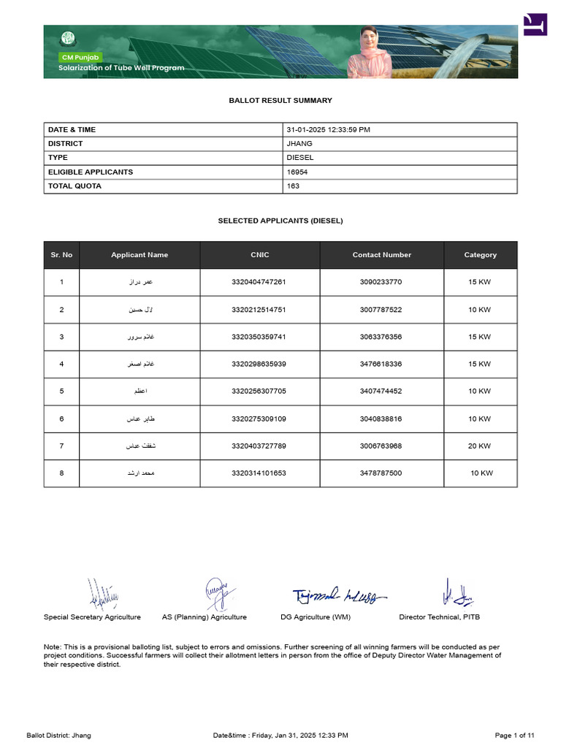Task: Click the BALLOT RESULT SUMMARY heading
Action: pos(280,100)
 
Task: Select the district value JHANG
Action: pos(299,144)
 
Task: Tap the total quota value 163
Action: pos(293,186)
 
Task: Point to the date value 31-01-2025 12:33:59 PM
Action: pos(328,130)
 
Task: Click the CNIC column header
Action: pos(259,255)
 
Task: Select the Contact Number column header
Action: pos(381,255)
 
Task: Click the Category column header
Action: pos(480,255)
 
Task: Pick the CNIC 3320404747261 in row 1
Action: pos(259,282)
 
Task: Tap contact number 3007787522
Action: pos(381,310)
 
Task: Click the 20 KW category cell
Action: pos(479,446)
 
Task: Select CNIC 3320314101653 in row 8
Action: pos(259,473)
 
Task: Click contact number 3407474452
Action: pos(381,392)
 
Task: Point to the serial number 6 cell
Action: pos(61,419)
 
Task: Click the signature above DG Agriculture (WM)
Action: pos(340,596)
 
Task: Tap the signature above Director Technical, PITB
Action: pos(456,595)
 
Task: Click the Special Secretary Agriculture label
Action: pos(92,617)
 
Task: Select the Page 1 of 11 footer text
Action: pos(515,735)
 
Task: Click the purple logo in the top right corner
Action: pos(535,24)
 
